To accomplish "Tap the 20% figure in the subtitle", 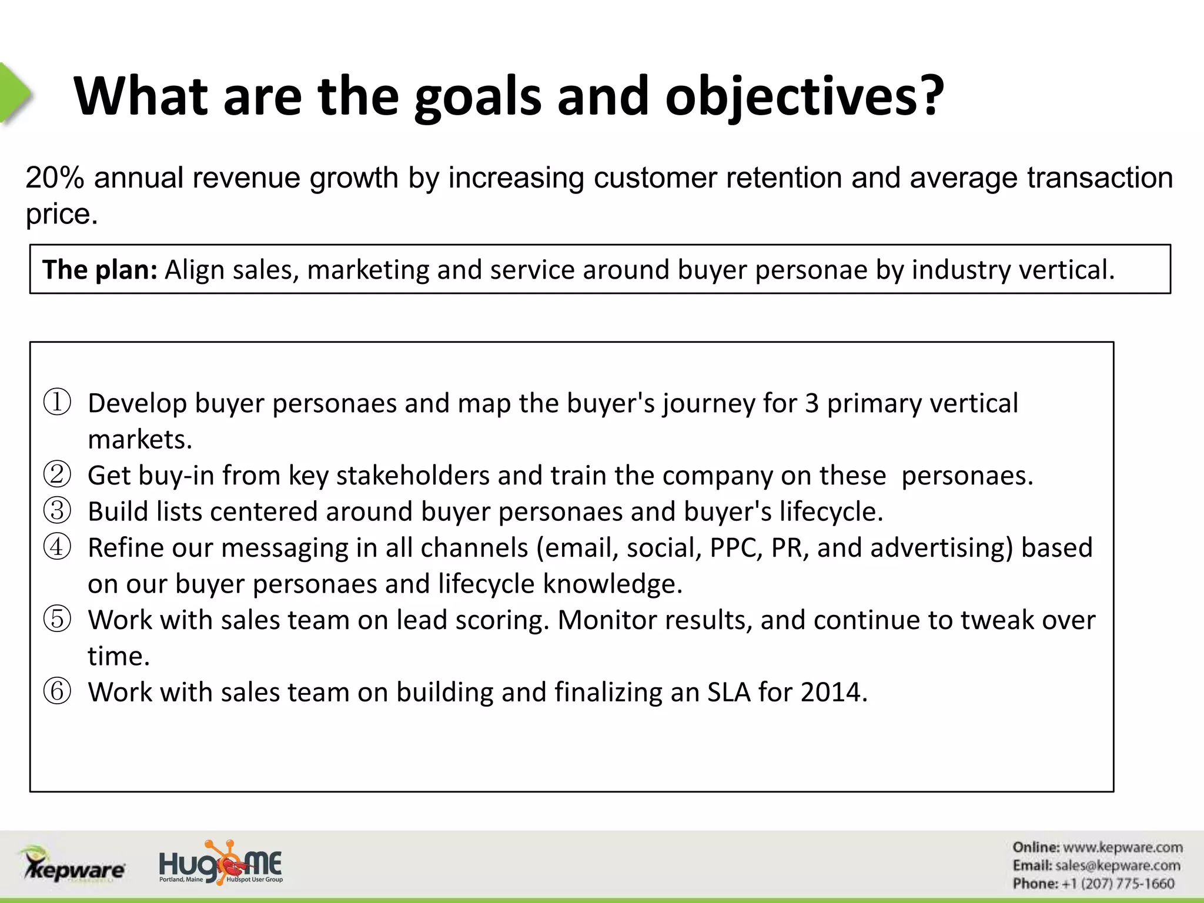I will tap(55, 178).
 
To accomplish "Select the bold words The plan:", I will tap(99, 270).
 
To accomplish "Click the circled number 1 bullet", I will tap(58, 403).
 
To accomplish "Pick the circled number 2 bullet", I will tap(58, 475).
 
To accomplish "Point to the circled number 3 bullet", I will tap(58, 511).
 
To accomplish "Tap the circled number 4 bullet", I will tap(58, 547).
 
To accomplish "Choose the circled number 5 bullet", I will tap(58, 620).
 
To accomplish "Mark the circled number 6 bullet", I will tap(58, 692).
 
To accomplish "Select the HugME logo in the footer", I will tap(221, 863).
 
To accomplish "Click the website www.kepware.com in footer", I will tap(1122, 848).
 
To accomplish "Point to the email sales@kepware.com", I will tap(1117, 866).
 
